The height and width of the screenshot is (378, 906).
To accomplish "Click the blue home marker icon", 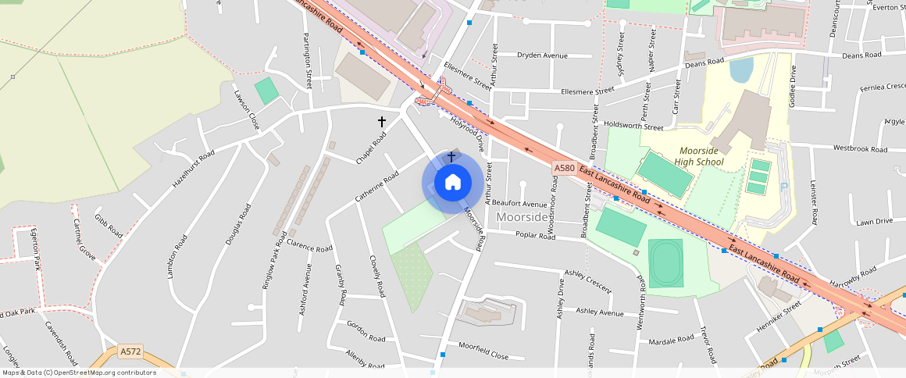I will pyautogui.click(x=452, y=183).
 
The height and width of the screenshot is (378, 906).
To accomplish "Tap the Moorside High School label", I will pyautogui.click(x=701, y=156).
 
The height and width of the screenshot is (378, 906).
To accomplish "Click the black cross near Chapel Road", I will pyautogui.click(x=382, y=122).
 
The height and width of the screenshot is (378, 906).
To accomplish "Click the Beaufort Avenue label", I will pyautogui.click(x=519, y=204).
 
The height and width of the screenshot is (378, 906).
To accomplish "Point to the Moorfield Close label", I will pyautogui.click(x=483, y=350).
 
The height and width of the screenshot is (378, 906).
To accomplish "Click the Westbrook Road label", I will pyautogui.click(x=860, y=148).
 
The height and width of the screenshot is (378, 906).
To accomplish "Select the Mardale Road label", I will pyautogui.click(x=671, y=341).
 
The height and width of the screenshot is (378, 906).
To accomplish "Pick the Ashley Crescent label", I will pyautogui.click(x=588, y=280).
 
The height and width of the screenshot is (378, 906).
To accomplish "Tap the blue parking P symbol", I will pyautogui.click(x=783, y=187).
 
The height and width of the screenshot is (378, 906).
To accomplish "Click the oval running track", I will pyautogui.click(x=665, y=263).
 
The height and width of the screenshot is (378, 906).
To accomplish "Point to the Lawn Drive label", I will pyautogui.click(x=874, y=222).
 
